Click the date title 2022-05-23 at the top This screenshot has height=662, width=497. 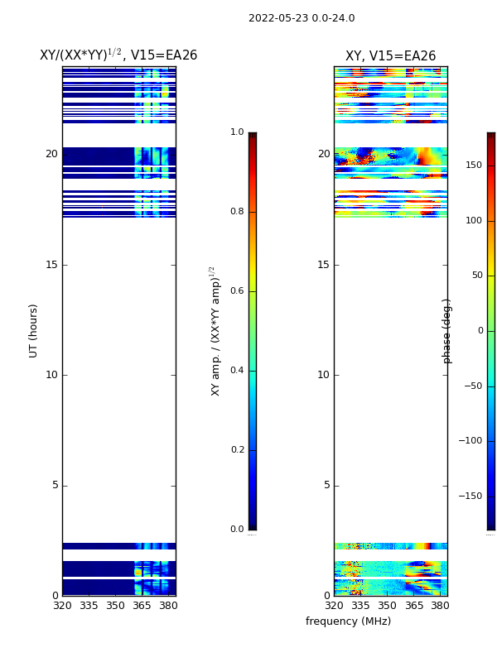pyautogui.click(x=302, y=18)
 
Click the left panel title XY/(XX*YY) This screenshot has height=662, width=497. pyautogui.click(x=118, y=55)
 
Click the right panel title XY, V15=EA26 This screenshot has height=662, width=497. pyautogui.click(x=390, y=56)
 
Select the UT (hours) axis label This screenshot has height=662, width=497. pyautogui.click(x=34, y=330)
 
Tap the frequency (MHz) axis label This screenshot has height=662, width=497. pyautogui.click(x=348, y=621)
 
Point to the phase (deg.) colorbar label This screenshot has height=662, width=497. pyautogui.click(x=448, y=331)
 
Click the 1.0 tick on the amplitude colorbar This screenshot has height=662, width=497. pyautogui.click(x=237, y=132)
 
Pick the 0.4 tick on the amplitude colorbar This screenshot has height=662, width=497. pyautogui.click(x=237, y=371)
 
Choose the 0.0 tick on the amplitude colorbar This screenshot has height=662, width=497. pyautogui.click(x=237, y=530)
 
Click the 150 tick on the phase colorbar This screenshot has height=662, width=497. pyautogui.click(x=473, y=165)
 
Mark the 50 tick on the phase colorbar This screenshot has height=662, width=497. pyautogui.click(x=475, y=276)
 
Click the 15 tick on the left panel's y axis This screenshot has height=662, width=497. pyautogui.click(x=51, y=265)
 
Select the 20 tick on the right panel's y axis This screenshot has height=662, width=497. pyautogui.click(x=324, y=154)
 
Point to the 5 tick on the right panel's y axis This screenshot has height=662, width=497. pyautogui.click(x=326, y=485)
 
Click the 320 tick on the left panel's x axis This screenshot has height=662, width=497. pyautogui.click(x=62, y=606)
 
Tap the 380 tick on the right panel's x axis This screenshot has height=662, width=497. pyautogui.click(x=440, y=606)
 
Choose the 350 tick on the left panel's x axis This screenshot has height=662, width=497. pyautogui.click(x=115, y=606)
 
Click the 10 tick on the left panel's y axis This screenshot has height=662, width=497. pyautogui.click(x=51, y=375)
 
